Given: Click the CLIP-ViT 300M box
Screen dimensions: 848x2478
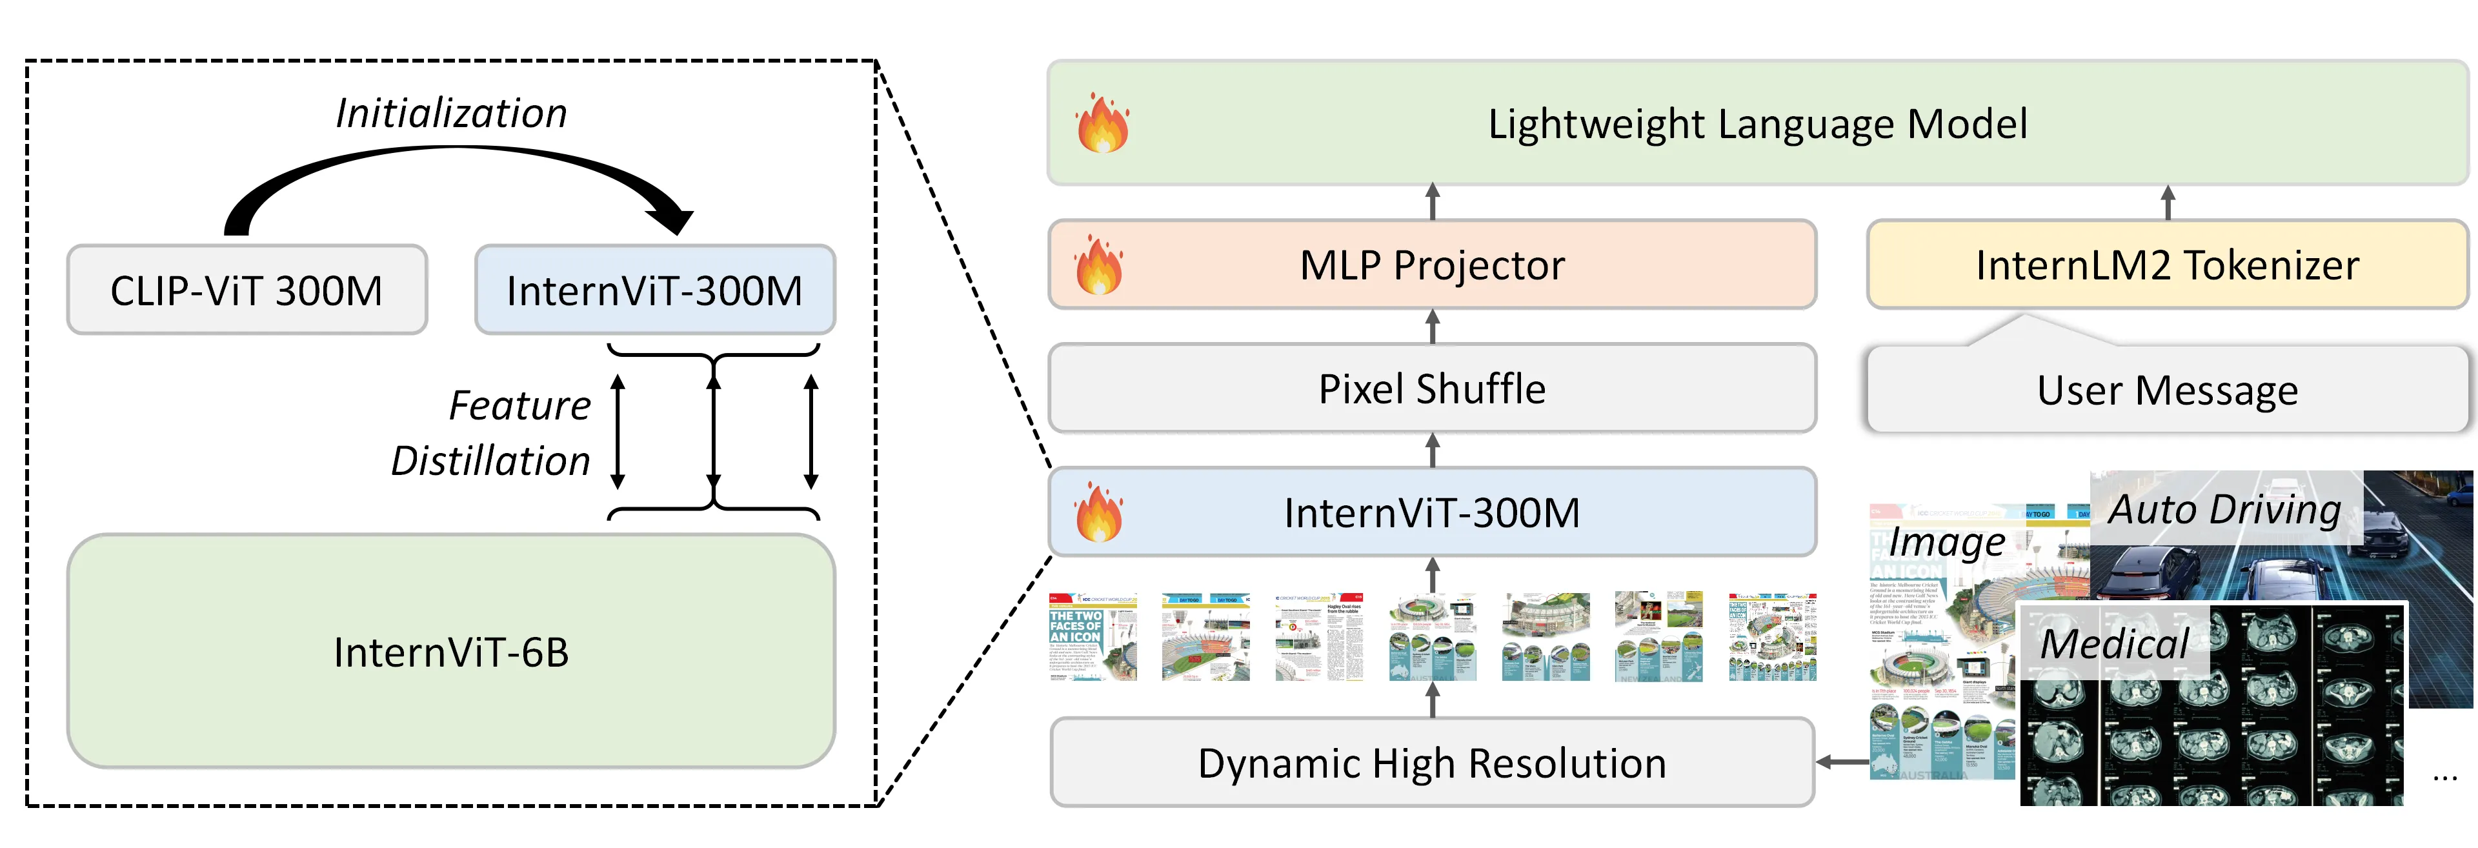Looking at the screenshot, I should click(247, 290).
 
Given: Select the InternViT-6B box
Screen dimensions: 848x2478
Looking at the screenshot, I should click(450, 652).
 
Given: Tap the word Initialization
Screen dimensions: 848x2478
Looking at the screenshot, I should click(451, 114).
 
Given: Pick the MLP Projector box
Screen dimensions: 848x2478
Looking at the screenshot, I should click(1431, 265).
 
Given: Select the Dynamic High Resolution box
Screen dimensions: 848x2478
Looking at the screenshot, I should click(1431, 762).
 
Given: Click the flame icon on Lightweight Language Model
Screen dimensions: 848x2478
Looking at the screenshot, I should click(1102, 124).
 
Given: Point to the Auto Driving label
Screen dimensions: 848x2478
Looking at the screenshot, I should click(2224, 509).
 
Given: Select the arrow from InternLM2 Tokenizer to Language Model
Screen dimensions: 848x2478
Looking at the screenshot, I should click(2168, 202).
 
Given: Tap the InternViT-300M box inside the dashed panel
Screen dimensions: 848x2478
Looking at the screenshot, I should click(654, 290).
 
